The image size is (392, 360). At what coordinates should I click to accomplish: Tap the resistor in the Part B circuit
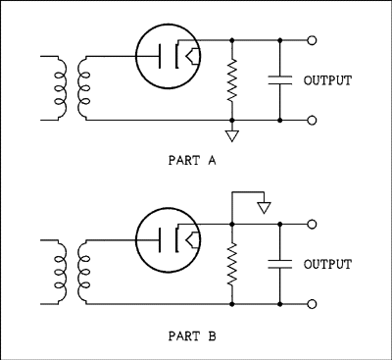[232, 264]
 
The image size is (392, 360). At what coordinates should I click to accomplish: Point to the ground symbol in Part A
[232, 133]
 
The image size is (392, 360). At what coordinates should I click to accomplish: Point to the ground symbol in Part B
[262, 206]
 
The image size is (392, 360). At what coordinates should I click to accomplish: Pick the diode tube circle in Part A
[168, 55]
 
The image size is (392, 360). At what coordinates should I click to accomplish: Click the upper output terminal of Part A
[313, 41]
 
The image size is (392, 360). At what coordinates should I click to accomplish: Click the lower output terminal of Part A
[313, 120]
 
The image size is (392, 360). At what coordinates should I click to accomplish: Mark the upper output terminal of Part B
[313, 225]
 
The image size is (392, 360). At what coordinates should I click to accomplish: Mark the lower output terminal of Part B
[313, 303]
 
